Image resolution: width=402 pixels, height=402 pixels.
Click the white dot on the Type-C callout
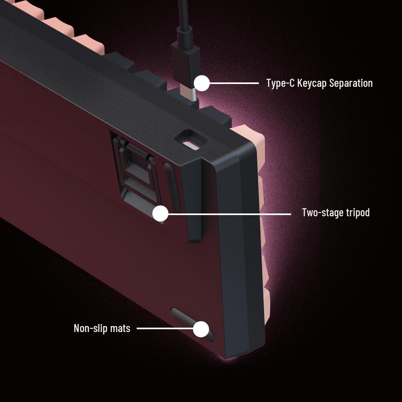click(202, 83)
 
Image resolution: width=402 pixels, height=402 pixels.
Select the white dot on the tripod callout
click(160, 213)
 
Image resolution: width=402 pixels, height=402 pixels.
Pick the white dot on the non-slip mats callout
click(201, 329)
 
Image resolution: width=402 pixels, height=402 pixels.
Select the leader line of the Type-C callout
click(234, 83)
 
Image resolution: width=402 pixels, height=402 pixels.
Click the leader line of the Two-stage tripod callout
click(230, 214)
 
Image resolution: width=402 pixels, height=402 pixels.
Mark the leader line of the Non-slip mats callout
click(165, 328)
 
